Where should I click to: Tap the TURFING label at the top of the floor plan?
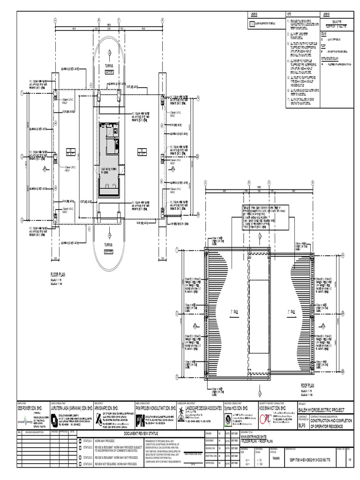click(109, 66)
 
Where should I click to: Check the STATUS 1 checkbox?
click(80, 441)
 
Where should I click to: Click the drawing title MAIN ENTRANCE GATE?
click(257, 437)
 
